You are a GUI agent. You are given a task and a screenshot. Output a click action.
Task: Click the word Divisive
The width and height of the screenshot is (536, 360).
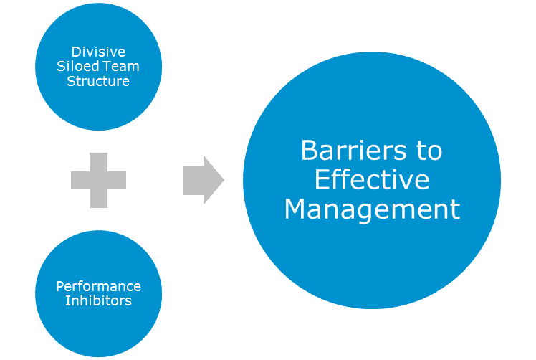(98, 52)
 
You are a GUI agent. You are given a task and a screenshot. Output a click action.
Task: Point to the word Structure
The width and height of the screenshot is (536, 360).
(98, 81)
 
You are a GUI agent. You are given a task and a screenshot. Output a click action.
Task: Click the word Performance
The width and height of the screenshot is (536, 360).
(98, 286)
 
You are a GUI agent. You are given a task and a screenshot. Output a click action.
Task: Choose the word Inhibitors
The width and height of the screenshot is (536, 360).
(98, 300)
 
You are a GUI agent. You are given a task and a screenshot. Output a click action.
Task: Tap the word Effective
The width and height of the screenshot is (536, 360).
(371, 180)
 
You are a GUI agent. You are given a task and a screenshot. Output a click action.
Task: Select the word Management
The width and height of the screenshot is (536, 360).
(371, 209)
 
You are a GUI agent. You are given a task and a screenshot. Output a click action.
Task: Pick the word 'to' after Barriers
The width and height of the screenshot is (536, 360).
(428, 151)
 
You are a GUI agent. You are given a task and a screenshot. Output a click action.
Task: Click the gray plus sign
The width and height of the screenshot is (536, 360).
(98, 180)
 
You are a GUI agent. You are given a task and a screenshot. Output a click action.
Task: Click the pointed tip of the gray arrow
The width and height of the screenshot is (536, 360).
(223, 180)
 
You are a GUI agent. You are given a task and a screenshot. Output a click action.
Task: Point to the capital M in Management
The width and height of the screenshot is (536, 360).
(296, 209)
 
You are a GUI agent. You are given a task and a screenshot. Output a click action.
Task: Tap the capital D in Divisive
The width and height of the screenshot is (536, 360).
(75, 52)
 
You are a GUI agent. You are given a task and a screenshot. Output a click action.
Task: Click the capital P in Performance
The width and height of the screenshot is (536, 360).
(59, 286)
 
